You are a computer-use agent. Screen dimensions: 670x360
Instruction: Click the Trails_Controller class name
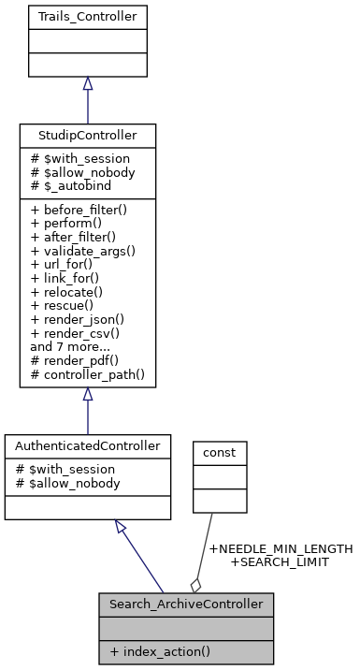tap(87, 17)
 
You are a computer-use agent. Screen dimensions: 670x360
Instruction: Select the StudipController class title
tap(87, 136)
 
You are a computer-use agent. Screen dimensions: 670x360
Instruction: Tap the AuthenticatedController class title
tap(87, 446)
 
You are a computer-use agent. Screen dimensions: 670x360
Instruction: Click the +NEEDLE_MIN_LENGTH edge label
tap(280, 549)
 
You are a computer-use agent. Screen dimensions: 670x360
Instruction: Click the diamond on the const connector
tap(196, 584)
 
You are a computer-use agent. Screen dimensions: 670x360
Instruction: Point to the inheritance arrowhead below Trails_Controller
tap(87, 84)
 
